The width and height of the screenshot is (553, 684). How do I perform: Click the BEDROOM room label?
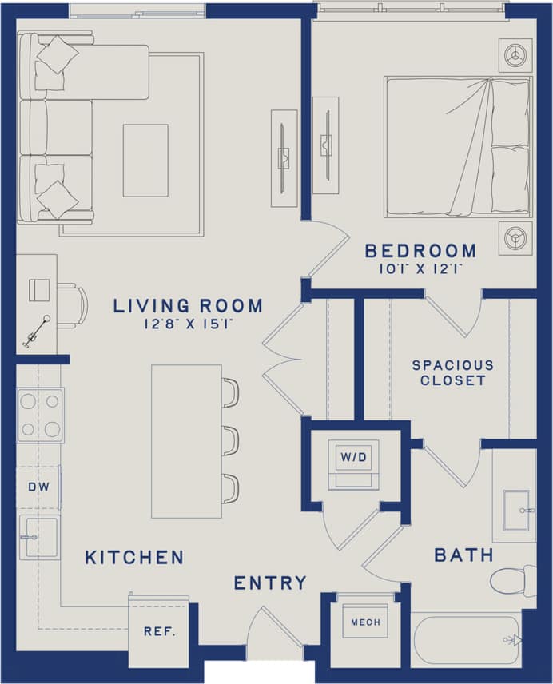pyautogui.click(x=420, y=251)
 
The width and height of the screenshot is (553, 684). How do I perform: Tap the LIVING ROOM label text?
pyautogui.click(x=188, y=305)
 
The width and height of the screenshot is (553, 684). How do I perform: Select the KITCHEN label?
pyautogui.click(x=134, y=557)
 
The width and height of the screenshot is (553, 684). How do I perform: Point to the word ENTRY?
pyautogui.click(x=270, y=583)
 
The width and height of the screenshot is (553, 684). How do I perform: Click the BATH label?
pyautogui.click(x=463, y=555)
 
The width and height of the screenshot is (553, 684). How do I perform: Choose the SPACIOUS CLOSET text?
pyautogui.click(x=453, y=372)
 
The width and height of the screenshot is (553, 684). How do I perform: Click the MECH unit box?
pyautogui.click(x=365, y=622)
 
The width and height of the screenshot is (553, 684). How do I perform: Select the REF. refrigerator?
pyautogui.click(x=160, y=630)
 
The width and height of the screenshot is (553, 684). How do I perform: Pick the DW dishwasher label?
pyautogui.click(x=37, y=486)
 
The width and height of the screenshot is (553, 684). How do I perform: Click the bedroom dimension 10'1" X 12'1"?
pyautogui.click(x=421, y=270)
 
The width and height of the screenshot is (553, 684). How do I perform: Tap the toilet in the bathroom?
pyautogui.click(x=513, y=579)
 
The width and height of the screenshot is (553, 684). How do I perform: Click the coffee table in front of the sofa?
pyautogui.click(x=145, y=160)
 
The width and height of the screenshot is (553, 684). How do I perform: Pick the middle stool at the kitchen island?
pyautogui.click(x=230, y=440)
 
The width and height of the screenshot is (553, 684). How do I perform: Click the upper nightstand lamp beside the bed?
pyautogui.click(x=515, y=54)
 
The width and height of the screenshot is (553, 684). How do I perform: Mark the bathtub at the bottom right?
pyautogui.click(x=467, y=639)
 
